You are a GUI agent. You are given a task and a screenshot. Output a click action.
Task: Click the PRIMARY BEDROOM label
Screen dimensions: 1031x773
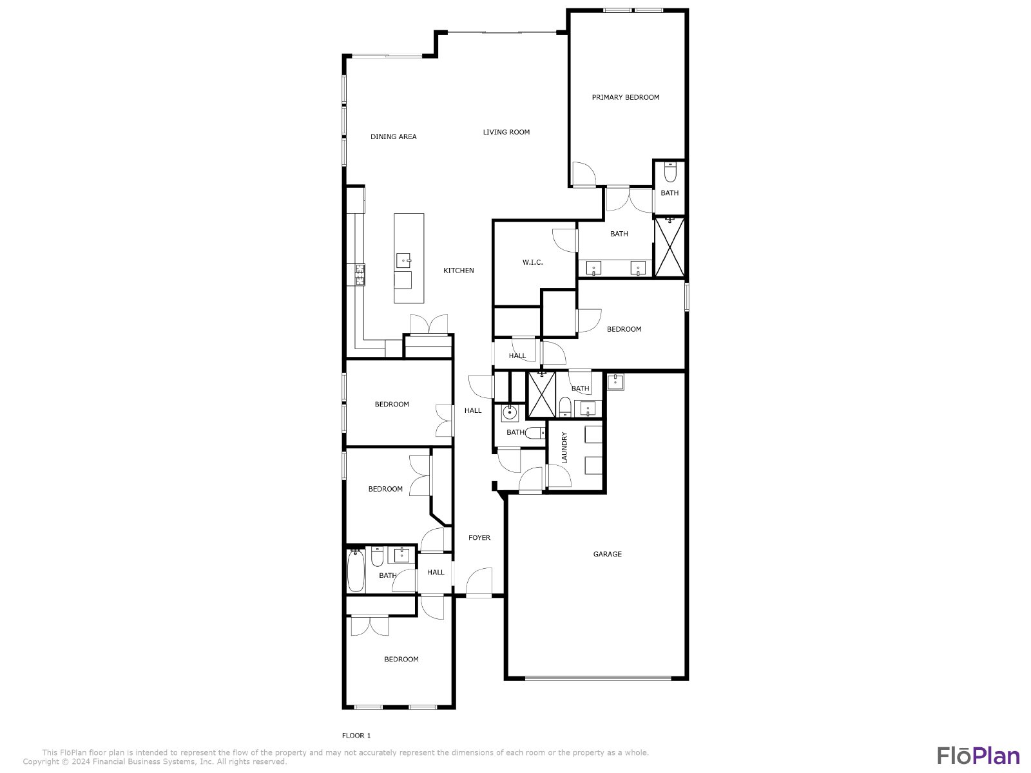[x=625, y=97]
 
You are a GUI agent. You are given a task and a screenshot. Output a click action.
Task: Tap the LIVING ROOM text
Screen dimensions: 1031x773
[x=506, y=132]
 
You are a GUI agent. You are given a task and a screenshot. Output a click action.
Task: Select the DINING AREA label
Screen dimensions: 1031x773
[x=394, y=137]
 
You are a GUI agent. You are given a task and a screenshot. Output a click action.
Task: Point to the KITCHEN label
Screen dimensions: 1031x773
[x=459, y=271]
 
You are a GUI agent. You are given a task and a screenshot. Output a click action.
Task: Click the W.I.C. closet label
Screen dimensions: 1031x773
[x=533, y=262]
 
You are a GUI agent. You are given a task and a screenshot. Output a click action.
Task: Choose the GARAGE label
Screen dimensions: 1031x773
[x=608, y=554]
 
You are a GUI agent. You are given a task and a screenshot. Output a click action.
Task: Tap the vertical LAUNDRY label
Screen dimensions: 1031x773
[x=564, y=448]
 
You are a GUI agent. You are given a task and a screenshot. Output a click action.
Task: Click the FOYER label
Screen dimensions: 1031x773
[x=479, y=537]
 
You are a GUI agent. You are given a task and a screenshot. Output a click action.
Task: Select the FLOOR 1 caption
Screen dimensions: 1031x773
[x=356, y=736]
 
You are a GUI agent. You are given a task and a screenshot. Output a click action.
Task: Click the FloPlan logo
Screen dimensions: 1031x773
[x=979, y=756]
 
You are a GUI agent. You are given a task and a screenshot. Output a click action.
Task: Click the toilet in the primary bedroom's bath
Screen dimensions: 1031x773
[x=670, y=172]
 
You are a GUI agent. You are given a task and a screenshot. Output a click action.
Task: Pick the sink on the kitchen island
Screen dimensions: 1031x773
[x=403, y=260]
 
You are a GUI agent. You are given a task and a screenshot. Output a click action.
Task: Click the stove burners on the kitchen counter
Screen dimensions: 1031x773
[x=360, y=274]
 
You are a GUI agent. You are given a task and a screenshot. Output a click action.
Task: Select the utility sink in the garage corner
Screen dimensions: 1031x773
[x=615, y=382]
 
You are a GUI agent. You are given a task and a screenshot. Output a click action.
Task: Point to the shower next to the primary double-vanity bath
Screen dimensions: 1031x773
[x=670, y=247]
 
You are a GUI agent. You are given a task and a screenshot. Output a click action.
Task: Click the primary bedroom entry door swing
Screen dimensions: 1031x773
[x=584, y=174]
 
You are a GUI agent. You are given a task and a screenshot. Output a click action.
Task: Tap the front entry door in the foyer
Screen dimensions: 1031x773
[x=479, y=582]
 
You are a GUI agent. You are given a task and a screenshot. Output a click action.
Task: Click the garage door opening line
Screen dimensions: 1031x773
[x=598, y=678]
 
